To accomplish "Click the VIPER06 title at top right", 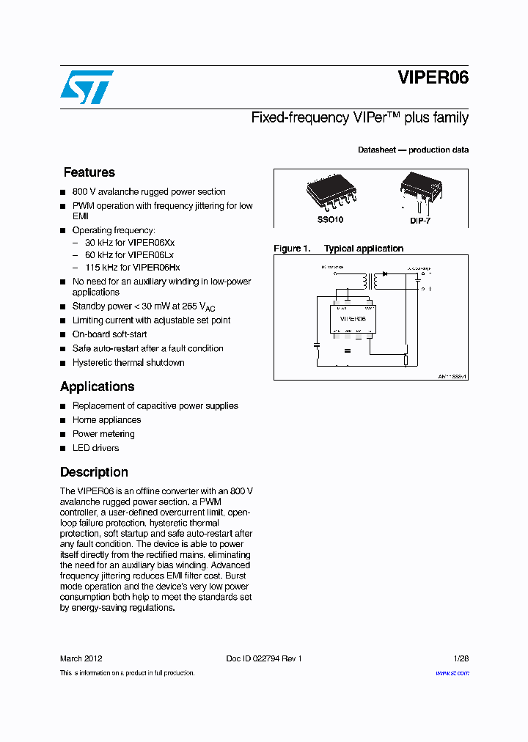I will click(x=433, y=78).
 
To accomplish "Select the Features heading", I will click(x=89, y=172).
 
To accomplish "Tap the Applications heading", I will click(x=97, y=386).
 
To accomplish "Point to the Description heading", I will click(x=94, y=472).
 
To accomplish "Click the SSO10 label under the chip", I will click(x=330, y=219).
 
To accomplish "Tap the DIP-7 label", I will click(x=421, y=220).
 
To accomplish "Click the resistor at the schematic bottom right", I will click(x=406, y=359).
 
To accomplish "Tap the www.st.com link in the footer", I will click(x=452, y=672).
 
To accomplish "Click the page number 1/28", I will click(x=461, y=658).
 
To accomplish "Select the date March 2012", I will click(x=81, y=658).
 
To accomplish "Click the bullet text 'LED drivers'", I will click(x=95, y=448).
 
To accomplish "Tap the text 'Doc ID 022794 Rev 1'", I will click(x=264, y=658).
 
